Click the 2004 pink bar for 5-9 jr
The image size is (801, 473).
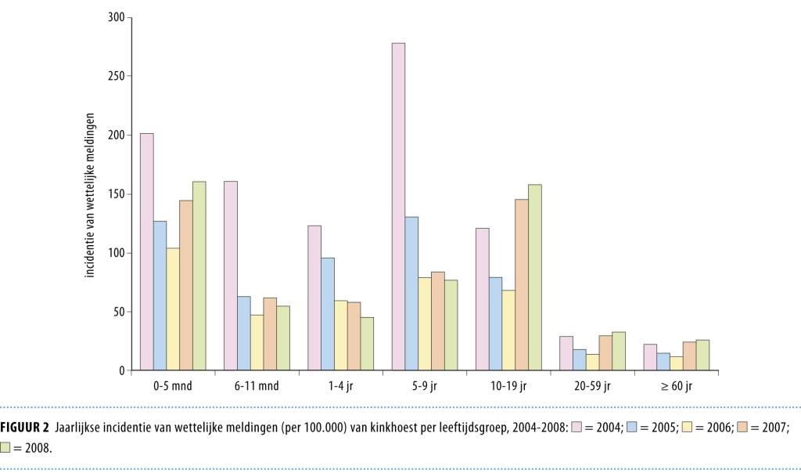pos(398,207)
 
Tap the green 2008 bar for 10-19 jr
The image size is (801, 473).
pos(534,277)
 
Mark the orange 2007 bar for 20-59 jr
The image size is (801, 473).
pos(605,353)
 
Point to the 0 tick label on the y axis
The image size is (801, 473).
pos(121,370)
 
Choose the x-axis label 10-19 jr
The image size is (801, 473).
pos(508,386)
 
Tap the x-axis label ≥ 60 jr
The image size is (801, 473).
pos(677,386)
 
